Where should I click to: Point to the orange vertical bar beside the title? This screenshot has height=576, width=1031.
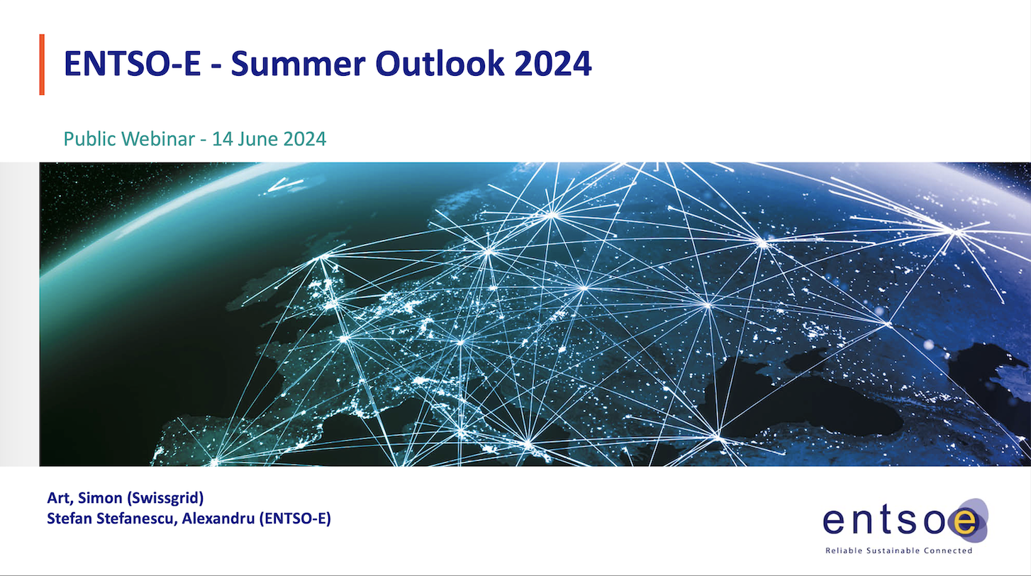pos(42,65)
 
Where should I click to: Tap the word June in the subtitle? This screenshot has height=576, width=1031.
pos(256,138)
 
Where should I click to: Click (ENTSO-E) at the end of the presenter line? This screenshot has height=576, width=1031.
pos(296,519)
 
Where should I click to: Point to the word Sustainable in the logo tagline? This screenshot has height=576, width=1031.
pos(897,550)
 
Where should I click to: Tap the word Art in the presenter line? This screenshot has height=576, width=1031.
pos(58,497)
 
